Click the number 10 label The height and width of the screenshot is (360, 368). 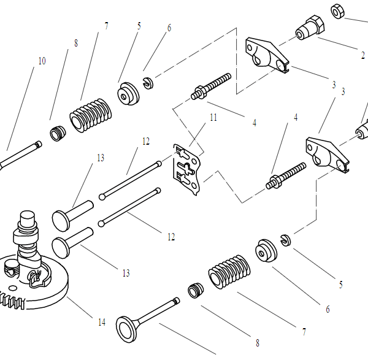(42, 61)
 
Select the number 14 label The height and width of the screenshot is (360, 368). (101, 322)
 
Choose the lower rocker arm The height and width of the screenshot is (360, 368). (326, 153)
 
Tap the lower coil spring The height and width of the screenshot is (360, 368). (229, 274)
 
